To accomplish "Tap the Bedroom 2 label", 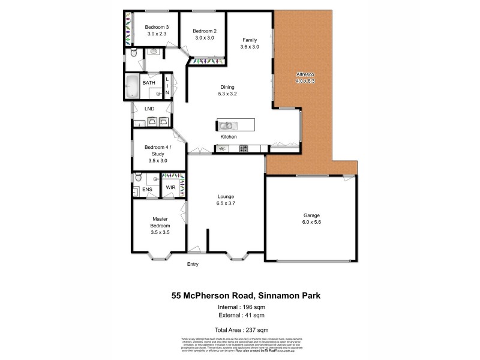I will click(206, 31).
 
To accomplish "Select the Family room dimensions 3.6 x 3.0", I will click(249, 47).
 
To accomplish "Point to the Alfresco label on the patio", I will click(305, 74).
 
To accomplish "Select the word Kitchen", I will click(230, 137).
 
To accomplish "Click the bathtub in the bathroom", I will click(133, 87).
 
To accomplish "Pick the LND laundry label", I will click(149, 109).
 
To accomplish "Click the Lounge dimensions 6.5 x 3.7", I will click(226, 203).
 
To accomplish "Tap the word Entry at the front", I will click(193, 265).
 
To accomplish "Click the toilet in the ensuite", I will click(138, 177).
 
